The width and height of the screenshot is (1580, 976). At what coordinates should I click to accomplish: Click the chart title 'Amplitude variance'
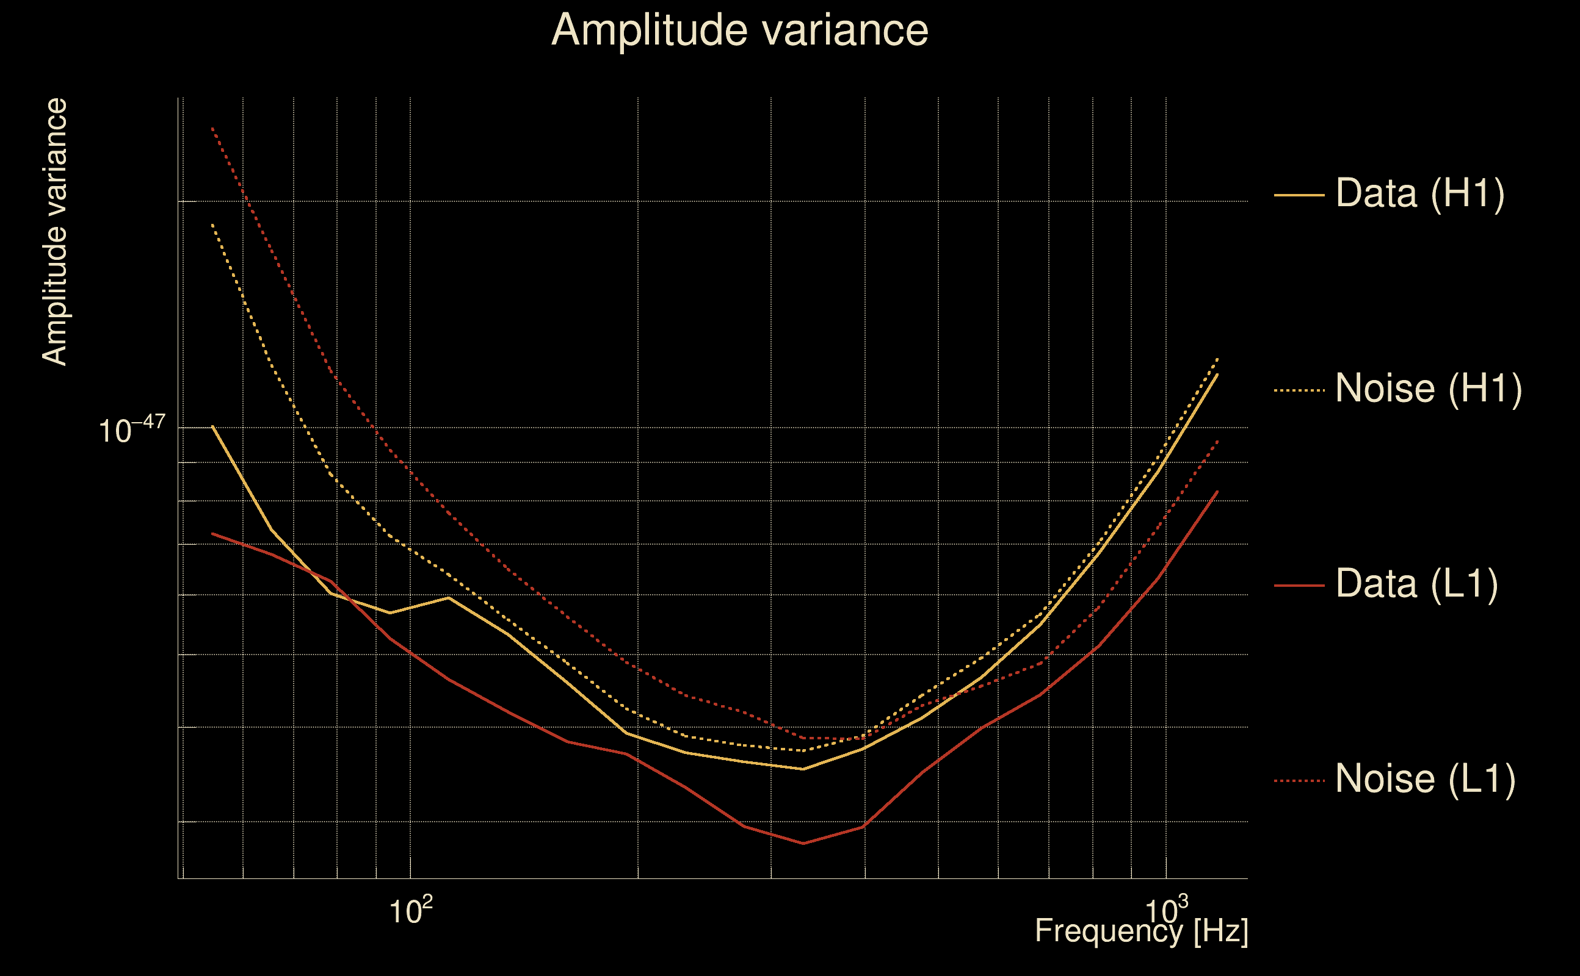coord(739,30)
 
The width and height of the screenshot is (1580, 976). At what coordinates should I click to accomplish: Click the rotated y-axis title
coord(54,232)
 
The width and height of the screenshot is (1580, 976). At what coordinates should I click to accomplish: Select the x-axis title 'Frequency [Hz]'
coord(1142,931)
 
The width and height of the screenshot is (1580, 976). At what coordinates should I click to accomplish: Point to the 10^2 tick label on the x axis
coord(410,911)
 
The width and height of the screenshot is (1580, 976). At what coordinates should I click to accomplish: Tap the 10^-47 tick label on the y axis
coord(132,430)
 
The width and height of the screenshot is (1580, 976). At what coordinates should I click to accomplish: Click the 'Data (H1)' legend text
coord(1420,193)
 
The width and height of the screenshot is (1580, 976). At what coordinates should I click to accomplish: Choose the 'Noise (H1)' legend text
coord(1428,389)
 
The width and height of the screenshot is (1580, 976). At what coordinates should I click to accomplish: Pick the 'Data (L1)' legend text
coord(1416,584)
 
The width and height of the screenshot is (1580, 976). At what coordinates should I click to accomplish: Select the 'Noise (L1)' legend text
coord(1425,778)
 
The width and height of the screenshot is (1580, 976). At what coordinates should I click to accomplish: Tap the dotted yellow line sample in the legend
coord(1299,390)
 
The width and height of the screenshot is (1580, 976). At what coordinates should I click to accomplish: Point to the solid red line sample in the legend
coord(1299,586)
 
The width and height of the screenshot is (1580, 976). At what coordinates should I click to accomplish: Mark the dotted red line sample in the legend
coord(1299,781)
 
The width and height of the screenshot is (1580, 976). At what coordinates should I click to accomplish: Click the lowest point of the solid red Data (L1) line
coord(803,843)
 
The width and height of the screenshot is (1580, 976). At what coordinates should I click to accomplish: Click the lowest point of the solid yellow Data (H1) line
coord(803,769)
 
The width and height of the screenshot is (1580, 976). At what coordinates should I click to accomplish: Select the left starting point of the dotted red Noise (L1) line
coord(212,128)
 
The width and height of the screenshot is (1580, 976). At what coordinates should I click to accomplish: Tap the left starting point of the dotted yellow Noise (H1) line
coord(212,224)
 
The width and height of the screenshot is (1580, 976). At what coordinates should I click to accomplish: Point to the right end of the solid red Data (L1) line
coord(1217,491)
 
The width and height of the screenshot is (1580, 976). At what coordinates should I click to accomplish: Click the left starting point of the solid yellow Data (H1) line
coord(212,426)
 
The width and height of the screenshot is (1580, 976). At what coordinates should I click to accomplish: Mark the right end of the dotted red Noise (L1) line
coord(1217,440)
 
